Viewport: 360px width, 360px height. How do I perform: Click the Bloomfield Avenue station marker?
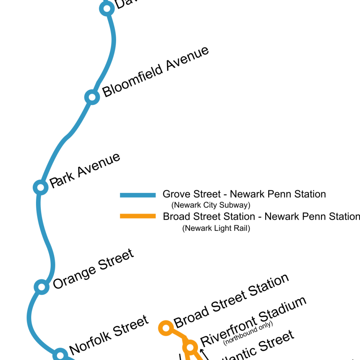(x=92, y=97)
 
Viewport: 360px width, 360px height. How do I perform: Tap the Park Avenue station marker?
(x=40, y=187)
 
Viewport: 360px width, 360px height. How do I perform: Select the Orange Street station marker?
(x=42, y=287)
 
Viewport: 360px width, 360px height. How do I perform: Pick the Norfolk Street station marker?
(x=60, y=355)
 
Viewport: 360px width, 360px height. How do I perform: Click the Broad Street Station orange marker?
(x=166, y=327)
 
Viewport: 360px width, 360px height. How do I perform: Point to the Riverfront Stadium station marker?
(x=190, y=347)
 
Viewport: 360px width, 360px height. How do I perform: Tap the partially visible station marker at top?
(x=107, y=8)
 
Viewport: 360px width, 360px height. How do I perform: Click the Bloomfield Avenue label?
(x=155, y=72)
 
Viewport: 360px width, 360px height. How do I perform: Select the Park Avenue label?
(x=85, y=171)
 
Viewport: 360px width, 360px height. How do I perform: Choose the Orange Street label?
(x=93, y=269)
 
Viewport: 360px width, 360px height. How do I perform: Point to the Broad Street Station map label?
(x=231, y=301)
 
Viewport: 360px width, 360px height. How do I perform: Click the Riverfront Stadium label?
(x=253, y=320)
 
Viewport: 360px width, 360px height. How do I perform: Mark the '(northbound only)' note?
(x=248, y=334)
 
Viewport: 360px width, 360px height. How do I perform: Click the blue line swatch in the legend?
(x=138, y=195)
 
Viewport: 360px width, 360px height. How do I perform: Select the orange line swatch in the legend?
(x=138, y=216)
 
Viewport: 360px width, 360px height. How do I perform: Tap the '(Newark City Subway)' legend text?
(x=211, y=205)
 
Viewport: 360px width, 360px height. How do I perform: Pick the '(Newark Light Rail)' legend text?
(x=216, y=228)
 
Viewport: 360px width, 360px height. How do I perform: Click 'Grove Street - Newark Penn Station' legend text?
(x=244, y=194)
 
